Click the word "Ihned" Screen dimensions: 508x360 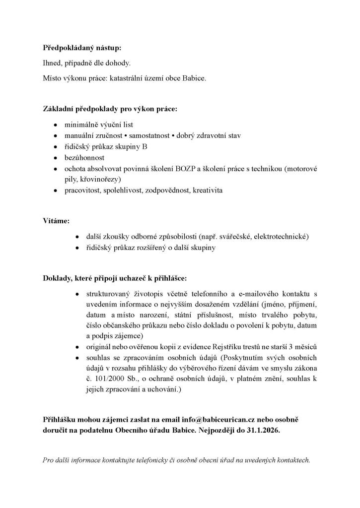pyautogui.click(x=52, y=63)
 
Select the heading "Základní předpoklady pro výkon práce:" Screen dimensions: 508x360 pyautogui.click(x=110, y=108)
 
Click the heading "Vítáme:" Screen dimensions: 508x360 pyautogui.click(x=56, y=219)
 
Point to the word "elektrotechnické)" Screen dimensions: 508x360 pyautogui.click(x=281, y=236)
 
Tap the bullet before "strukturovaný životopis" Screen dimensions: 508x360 pyautogui.click(x=76, y=294)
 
